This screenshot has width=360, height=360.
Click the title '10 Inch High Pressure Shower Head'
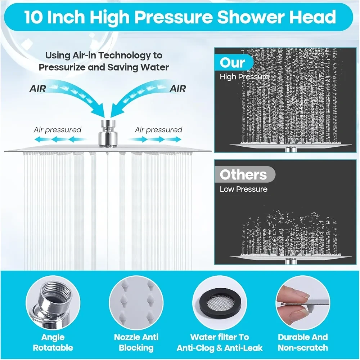click(x=180, y=17)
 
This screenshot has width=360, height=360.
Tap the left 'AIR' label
click(x=38, y=89)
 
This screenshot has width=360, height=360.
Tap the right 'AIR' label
click(x=178, y=89)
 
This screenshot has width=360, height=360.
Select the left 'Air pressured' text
click(x=57, y=130)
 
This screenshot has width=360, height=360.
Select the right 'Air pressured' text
click(x=158, y=130)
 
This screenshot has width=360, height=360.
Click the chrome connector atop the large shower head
click(x=108, y=134)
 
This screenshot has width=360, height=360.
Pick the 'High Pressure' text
click(x=244, y=77)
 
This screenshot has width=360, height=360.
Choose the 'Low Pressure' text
click(x=244, y=189)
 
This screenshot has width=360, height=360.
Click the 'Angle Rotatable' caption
click(x=53, y=342)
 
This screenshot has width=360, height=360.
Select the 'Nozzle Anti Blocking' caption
click(x=136, y=342)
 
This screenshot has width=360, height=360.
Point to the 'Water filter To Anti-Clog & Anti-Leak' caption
click(x=220, y=342)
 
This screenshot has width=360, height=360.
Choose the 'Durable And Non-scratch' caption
click(x=303, y=342)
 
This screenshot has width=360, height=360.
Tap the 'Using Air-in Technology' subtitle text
click(x=104, y=61)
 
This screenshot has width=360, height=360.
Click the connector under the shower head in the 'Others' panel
click(x=291, y=262)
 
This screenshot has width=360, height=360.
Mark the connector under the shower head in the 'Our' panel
click(x=291, y=150)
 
